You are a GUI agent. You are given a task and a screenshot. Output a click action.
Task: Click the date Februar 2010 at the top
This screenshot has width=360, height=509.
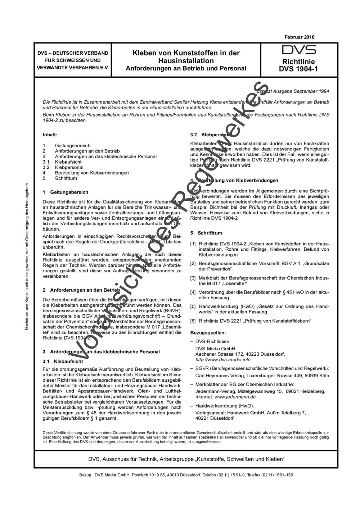tap(300, 37)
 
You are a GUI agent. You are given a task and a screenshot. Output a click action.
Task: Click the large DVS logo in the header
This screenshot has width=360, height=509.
tap(298, 50)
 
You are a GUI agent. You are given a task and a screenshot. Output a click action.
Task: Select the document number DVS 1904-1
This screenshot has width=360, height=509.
tap(298, 69)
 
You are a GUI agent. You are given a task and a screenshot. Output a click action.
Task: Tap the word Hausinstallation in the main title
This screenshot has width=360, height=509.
tap(186, 60)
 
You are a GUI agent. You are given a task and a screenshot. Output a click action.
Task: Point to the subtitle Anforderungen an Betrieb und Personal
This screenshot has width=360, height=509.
tap(186, 68)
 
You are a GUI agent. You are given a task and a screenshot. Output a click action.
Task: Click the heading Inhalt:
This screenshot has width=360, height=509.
tap(50, 135)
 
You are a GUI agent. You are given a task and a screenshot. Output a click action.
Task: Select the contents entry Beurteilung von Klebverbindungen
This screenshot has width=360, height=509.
tap(92, 173)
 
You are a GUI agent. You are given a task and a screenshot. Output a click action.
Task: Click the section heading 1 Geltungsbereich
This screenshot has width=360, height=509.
tap(65, 192)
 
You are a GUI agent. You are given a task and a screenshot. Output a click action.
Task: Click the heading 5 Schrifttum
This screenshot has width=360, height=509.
tap(206, 233)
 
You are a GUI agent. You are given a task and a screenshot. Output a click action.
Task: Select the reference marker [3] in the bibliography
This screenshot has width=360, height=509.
tap(193, 278)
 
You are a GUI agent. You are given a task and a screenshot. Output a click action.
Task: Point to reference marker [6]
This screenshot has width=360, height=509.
tap(193, 321)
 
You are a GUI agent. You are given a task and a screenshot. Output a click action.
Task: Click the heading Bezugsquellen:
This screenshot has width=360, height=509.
tap(208, 332)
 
